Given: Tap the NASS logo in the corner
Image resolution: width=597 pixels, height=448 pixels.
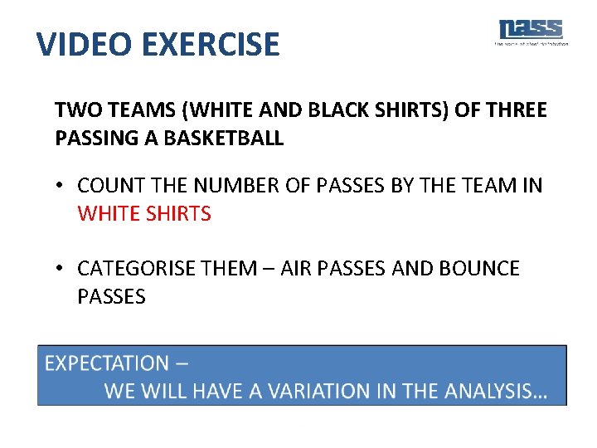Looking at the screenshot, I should pos(531,32).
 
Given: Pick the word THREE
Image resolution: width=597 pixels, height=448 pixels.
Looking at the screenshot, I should pos(516,110).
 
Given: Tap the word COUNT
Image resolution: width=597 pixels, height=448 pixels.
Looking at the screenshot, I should pos(110,186).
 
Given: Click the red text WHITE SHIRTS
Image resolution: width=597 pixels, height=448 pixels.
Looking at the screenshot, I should pos(144,214).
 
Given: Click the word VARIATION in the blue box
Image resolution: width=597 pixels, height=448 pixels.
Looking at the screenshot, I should pos(316,391).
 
